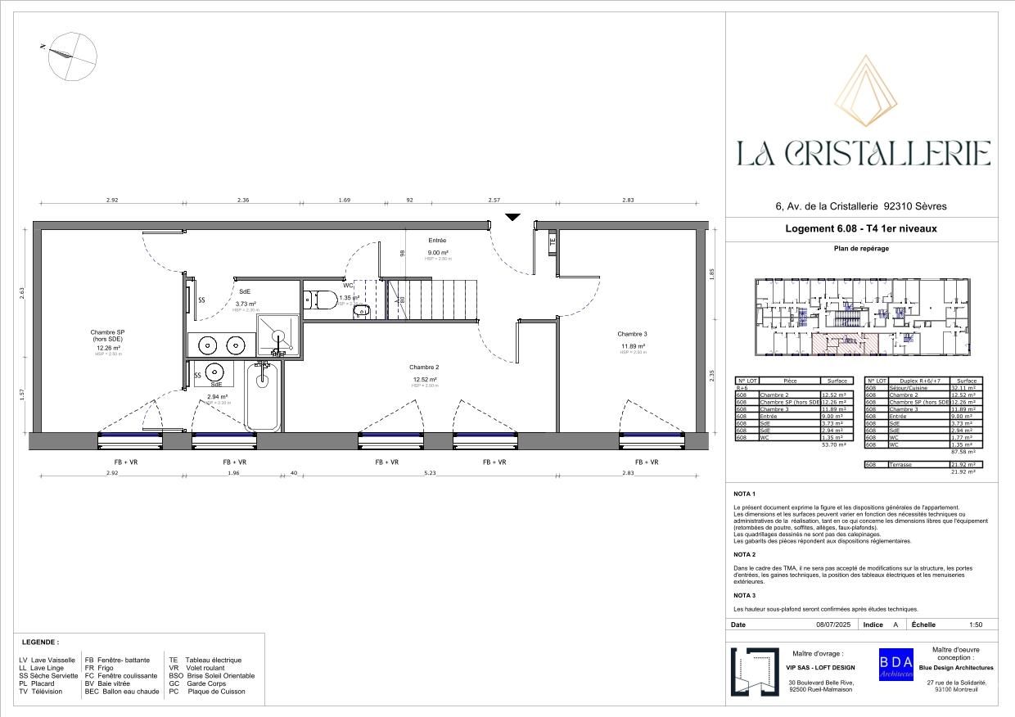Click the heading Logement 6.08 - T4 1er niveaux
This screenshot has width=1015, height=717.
(861, 229)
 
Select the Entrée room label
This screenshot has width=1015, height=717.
(437, 241)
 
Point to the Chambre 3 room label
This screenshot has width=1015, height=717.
(632, 334)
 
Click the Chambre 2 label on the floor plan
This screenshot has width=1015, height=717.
(424, 368)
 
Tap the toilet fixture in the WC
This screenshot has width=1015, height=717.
(319, 300)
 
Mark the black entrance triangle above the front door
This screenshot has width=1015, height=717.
(512, 217)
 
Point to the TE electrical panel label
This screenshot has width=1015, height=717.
(553, 241)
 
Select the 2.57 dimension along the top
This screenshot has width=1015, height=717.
(494, 201)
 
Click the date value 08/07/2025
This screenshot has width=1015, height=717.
(833, 625)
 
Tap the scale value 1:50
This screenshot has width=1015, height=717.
(975, 625)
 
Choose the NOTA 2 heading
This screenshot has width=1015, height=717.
(745, 555)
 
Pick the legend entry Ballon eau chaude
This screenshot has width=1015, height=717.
(131, 692)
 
